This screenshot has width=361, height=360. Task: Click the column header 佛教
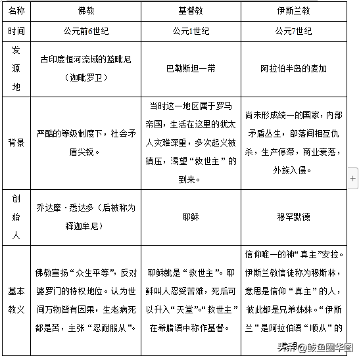pos(86,12)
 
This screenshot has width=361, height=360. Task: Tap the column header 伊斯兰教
pos(293,12)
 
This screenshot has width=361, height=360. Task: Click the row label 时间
pos(17,31)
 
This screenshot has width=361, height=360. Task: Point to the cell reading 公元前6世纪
pos(86,31)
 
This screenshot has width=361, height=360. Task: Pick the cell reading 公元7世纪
pos(293,31)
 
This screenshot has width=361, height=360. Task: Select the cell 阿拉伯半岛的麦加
pos(293,68)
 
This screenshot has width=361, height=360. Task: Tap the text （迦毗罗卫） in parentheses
pos(86,77)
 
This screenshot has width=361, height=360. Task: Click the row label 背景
pos(17,142)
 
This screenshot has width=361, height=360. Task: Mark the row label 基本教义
pos(17,300)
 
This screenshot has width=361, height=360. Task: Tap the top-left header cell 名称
pos(17,12)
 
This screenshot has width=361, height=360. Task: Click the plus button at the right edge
pos(353,177)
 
